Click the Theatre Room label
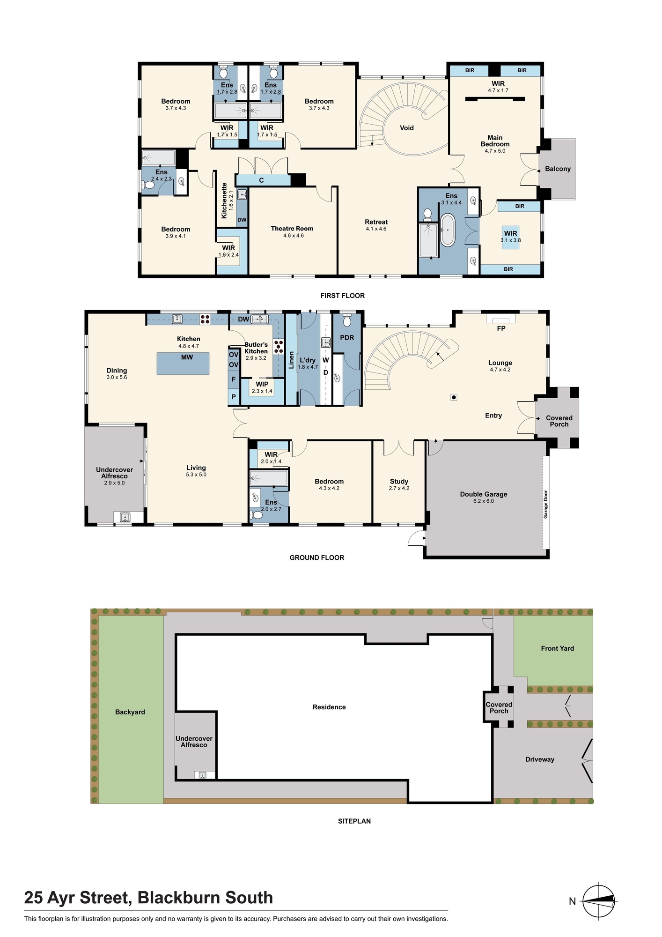coord(292,229)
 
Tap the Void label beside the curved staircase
coord(407,128)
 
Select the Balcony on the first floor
coord(558,169)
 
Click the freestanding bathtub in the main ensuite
coord(448,230)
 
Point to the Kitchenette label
coord(224,201)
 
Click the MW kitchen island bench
coord(183,363)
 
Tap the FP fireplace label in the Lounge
coord(501,328)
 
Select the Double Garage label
coord(484,494)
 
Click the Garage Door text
coord(545,504)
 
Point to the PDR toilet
coord(347,320)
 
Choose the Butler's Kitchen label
coord(256,348)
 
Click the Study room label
coord(399,482)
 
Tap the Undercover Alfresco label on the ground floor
coord(114,473)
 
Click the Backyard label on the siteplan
coord(130,712)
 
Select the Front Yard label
coord(557,648)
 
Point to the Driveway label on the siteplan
coord(540,759)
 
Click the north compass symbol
coord(599,900)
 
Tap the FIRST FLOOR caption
coord(342,296)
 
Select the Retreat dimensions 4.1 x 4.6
coord(376,229)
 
